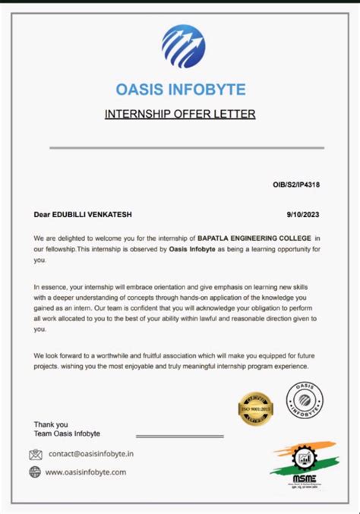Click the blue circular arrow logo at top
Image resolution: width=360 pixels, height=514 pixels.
[x=183, y=47]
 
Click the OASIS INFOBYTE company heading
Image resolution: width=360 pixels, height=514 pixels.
[x=181, y=90]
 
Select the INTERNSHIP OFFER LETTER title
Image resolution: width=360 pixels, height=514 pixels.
[x=180, y=115]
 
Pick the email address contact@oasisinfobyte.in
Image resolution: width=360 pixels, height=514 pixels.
[x=91, y=454]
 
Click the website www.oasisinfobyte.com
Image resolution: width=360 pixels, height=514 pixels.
[x=86, y=471]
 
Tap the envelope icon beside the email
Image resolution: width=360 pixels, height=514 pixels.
[x=36, y=454]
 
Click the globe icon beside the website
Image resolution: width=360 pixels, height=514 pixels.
[x=35, y=471]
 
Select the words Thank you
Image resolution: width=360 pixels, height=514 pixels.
[x=51, y=424]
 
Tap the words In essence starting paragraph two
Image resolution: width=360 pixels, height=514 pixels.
[x=51, y=287]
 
